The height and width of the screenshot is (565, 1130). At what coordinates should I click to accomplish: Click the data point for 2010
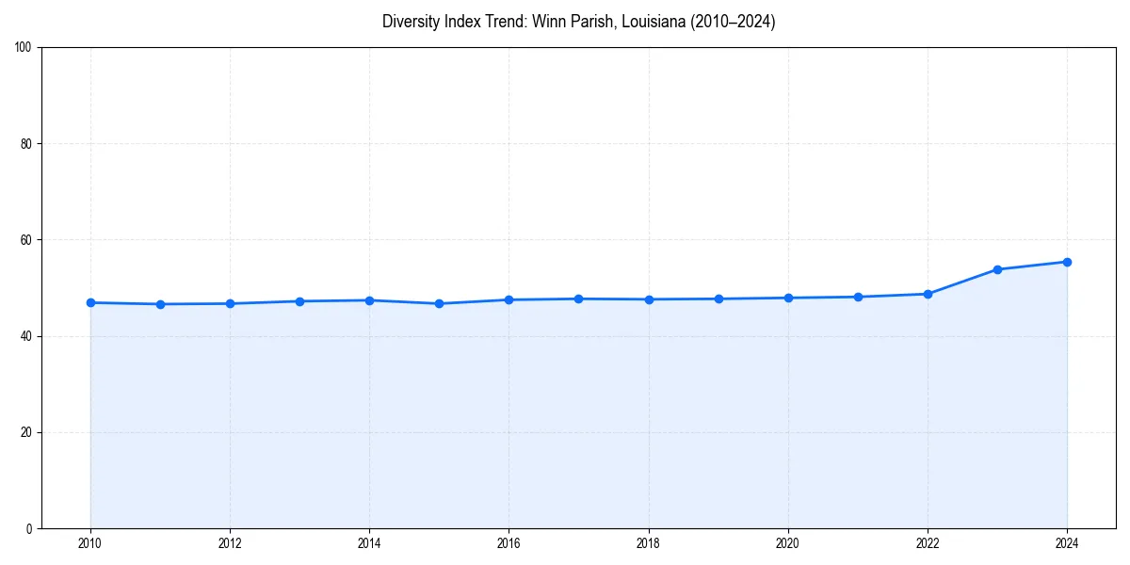90,302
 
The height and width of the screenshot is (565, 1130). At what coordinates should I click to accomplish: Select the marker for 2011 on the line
160,304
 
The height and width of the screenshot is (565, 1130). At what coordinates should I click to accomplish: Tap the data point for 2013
299,301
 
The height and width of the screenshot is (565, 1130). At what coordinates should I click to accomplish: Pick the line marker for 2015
439,303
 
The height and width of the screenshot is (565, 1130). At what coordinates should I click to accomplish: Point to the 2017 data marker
578,299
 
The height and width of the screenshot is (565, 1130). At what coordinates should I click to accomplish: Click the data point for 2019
718,299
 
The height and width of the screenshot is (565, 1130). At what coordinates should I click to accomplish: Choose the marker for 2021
858,297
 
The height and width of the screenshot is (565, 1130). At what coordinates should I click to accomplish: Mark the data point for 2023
997,269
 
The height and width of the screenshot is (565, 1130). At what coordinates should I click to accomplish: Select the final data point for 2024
1067,262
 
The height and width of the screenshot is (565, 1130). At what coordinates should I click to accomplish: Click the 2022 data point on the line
928,294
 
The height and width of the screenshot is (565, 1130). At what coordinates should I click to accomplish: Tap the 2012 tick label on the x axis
230,543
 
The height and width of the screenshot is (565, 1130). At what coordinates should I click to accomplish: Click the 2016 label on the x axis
508,543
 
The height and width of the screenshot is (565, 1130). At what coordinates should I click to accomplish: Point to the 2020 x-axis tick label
788,543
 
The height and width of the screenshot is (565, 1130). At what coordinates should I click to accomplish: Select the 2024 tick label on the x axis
1067,543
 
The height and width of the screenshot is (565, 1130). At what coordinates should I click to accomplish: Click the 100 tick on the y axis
24,48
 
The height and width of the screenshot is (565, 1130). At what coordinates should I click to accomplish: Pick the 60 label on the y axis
26,240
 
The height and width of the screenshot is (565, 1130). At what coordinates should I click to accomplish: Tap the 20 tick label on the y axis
26,432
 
